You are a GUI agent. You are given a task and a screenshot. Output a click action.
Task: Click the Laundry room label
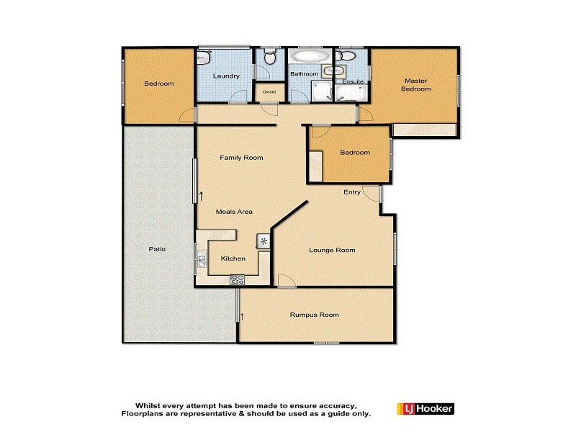point(225,76)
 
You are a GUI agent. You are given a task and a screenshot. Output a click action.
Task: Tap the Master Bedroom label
point(415,85)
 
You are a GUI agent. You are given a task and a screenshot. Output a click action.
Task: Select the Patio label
point(157,249)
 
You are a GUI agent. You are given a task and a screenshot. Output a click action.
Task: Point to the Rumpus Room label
point(314,315)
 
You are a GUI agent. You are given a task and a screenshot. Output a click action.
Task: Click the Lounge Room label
point(332,250)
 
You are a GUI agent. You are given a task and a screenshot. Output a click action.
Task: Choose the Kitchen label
point(233,258)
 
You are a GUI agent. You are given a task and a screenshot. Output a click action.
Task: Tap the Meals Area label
point(234,212)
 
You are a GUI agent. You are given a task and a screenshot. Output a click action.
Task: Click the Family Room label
point(241,158)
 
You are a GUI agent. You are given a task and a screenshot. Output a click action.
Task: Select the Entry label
point(352,192)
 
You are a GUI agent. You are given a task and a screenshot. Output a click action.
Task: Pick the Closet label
point(269,92)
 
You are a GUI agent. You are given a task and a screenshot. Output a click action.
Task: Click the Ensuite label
point(353,81)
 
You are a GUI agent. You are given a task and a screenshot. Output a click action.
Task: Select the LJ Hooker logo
point(425,409)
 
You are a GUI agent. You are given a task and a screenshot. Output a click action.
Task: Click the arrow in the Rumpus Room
point(243,315)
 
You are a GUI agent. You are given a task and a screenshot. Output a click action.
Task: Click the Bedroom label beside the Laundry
point(158,84)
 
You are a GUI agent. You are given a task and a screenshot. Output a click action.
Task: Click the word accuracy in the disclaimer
point(330,405)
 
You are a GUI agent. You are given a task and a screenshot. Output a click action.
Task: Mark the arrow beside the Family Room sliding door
point(201,194)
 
